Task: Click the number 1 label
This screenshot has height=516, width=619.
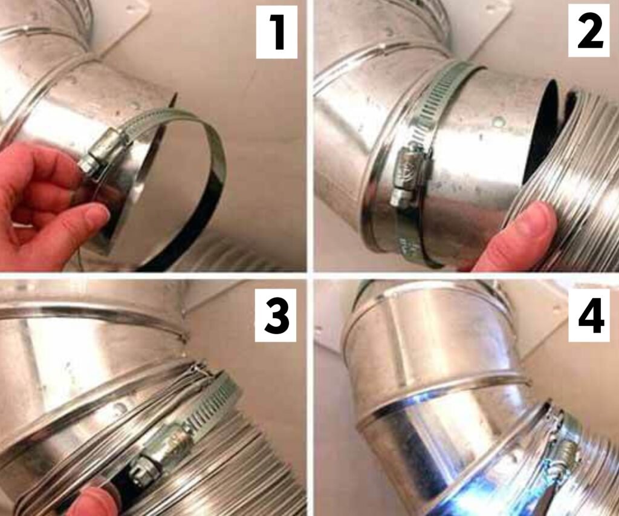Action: (277, 31)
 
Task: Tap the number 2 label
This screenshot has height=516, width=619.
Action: (589, 31)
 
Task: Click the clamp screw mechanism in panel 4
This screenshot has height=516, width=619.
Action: (566, 454)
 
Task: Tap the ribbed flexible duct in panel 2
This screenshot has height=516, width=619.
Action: (580, 181)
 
